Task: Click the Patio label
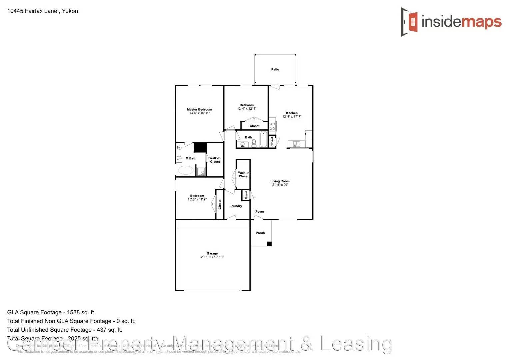tap(275, 69)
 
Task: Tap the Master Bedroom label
tap(199, 109)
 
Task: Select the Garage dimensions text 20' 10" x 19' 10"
tap(212, 257)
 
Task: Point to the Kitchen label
tap(292, 113)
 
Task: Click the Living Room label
tap(280, 181)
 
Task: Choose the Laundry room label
tap(236, 206)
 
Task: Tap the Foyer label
tap(260, 212)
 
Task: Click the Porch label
tap(260, 233)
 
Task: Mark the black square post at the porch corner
tap(269, 244)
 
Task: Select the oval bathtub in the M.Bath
tap(186, 171)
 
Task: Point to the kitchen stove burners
tap(272, 126)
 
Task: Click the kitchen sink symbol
tap(296, 144)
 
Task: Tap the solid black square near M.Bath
tap(200, 147)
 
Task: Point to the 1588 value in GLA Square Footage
tap(73, 312)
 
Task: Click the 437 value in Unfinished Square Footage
tap(102, 330)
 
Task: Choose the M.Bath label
tap(191, 158)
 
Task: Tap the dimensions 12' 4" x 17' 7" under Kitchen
tap(292, 117)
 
